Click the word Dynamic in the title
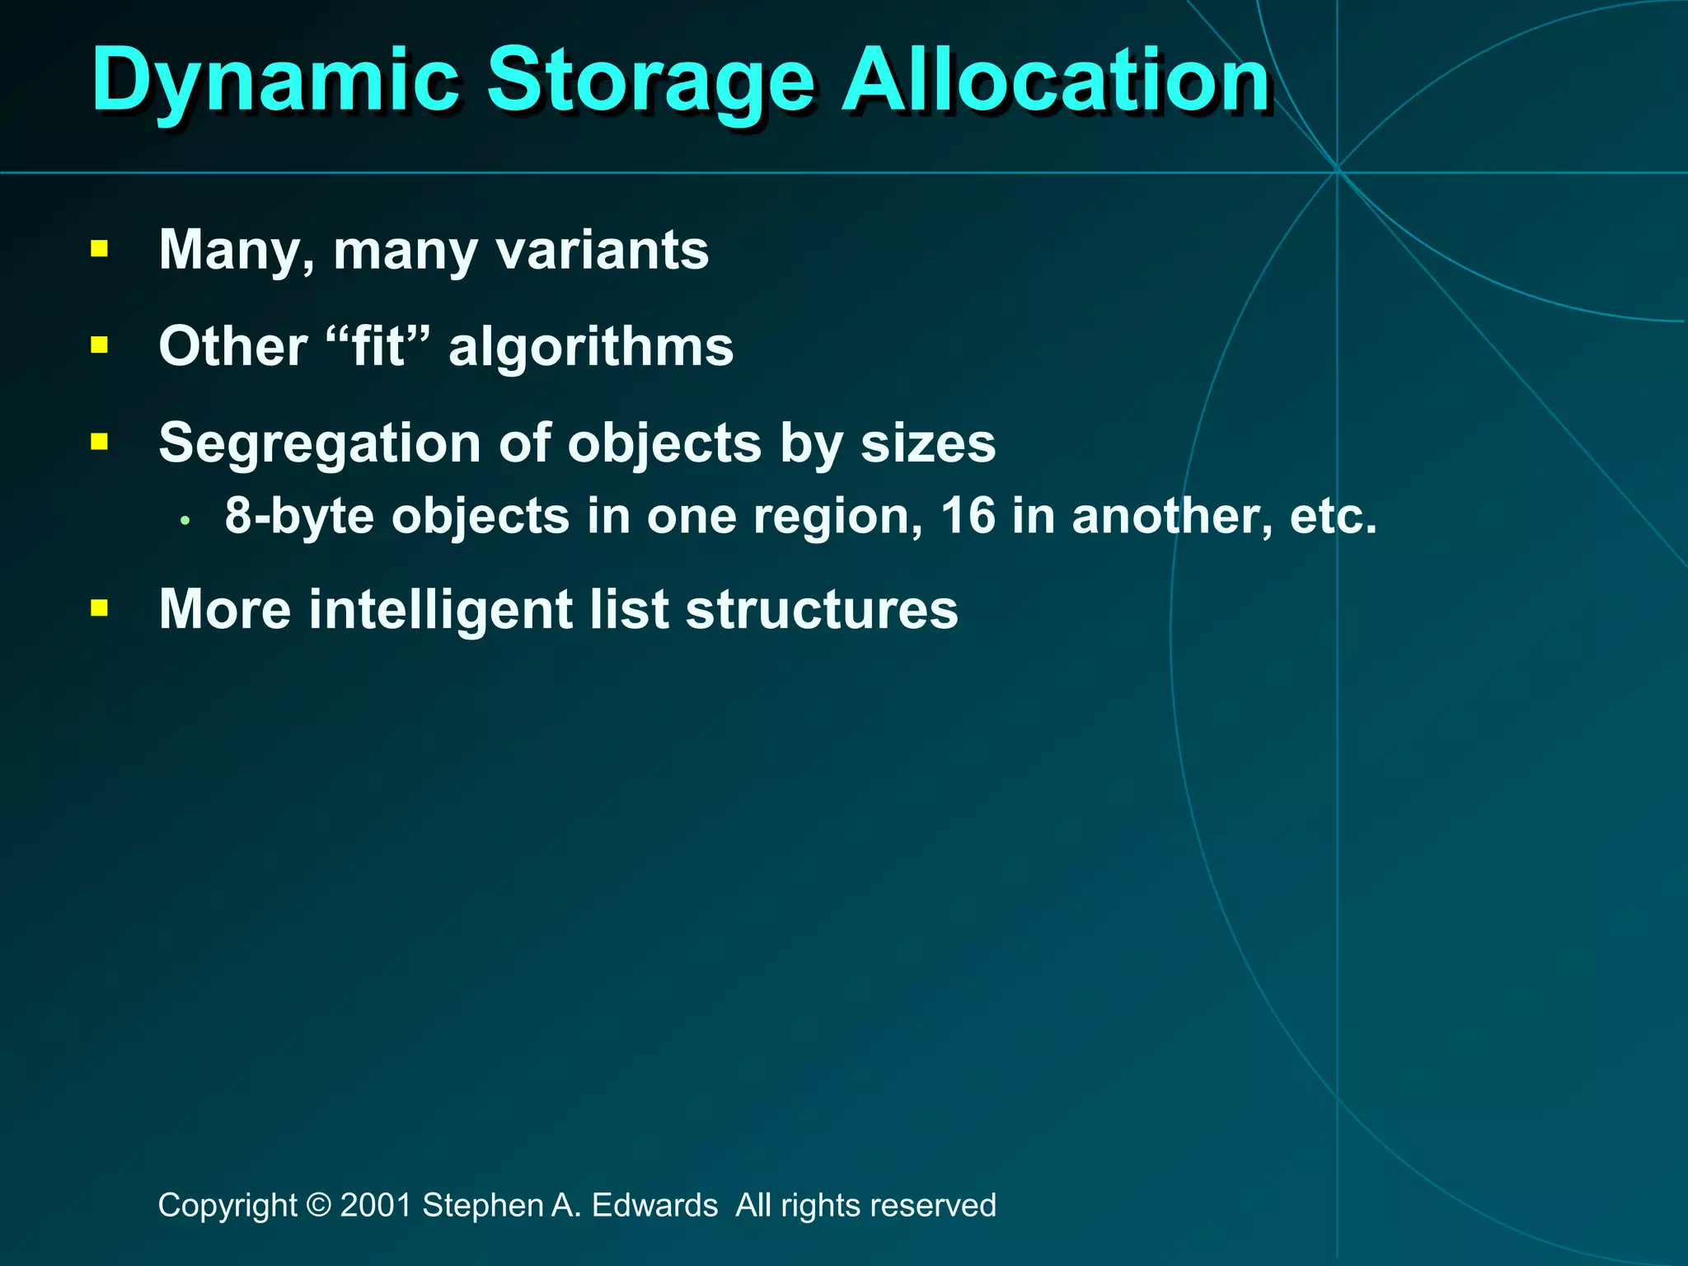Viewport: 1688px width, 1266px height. pos(275,81)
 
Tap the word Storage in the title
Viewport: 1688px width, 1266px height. pos(651,81)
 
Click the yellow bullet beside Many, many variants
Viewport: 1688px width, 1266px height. pos(100,249)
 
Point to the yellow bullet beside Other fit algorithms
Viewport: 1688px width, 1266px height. pos(100,345)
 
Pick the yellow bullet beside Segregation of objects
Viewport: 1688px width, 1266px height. pos(100,443)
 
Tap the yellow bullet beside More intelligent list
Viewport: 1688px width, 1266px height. pos(100,608)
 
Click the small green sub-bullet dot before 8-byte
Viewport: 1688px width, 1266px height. pos(186,521)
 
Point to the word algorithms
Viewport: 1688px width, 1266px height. pos(591,346)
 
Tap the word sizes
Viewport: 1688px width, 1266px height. pos(928,443)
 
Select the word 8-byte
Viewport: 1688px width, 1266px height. pos(300,517)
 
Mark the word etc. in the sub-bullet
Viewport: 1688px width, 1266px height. pos(1333,516)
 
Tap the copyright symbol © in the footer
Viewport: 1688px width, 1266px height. pos(318,1205)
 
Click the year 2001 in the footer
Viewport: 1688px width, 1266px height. pos(376,1205)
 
